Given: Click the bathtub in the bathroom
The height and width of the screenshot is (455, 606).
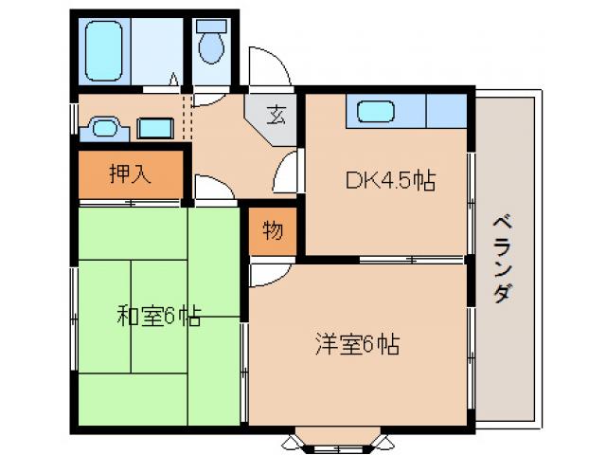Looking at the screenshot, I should (x=106, y=51).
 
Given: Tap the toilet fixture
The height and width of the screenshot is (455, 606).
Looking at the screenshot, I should (x=211, y=42).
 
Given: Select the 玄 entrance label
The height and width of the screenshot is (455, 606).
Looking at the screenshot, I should (x=276, y=118).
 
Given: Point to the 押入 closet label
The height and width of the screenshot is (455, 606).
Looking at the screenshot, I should (x=128, y=174).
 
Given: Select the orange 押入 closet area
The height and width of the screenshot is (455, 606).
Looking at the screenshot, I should (x=129, y=173).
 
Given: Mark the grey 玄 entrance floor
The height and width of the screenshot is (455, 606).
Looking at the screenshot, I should (x=273, y=119).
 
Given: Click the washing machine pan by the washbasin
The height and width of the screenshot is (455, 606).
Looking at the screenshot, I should (x=152, y=128).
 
